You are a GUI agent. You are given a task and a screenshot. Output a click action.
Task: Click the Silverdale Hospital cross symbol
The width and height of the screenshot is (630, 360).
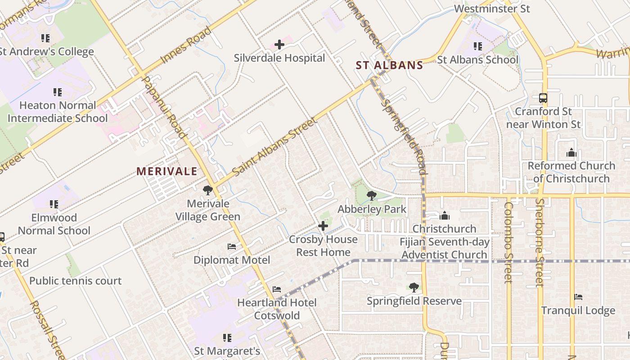pyautogui.click(x=279, y=45)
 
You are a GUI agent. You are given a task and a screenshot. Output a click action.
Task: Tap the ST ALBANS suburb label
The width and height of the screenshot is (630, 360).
pyautogui.click(x=389, y=65)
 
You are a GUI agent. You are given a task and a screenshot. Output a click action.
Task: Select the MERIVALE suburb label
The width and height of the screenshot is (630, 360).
pyautogui.click(x=167, y=171)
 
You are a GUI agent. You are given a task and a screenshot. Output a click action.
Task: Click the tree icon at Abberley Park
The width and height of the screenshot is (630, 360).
pyautogui.click(x=372, y=195)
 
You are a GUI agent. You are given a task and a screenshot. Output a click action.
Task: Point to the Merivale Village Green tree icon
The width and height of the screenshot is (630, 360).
pyautogui.click(x=207, y=190)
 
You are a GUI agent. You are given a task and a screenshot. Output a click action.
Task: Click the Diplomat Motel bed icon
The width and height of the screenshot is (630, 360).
pyautogui.click(x=232, y=247)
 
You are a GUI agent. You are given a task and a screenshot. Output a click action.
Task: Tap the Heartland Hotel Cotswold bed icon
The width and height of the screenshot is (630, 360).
pyautogui.click(x=277, y=289)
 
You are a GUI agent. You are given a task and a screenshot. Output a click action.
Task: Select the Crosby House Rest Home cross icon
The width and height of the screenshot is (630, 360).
pyautogui.click(x=323, y=226)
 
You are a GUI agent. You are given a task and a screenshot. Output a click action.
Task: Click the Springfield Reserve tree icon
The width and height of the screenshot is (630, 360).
pyautogui.click(x=414, y=287)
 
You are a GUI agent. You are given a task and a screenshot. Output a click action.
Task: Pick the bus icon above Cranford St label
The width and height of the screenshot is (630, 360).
pyautogui.click(x=543, y=98)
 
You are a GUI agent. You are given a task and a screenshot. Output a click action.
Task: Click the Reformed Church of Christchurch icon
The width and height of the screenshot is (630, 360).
pyautogui.click(x=571, y=153)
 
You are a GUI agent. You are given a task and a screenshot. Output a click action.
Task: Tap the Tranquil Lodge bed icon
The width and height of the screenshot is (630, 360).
pyautogui.click(x=578, y=297)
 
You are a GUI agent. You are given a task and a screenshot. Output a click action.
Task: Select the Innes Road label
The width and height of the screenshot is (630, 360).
pyautogui.click(x=185, y=45)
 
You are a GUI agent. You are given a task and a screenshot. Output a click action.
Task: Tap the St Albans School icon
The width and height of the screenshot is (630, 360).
pyautogui.click(x=478, y=46)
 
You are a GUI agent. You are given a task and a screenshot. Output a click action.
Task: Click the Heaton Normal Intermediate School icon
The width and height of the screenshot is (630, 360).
pyautogui.click(x=58, y=92)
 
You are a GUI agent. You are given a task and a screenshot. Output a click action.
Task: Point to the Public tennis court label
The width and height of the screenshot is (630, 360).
pyautogui.click(x=76, y=281)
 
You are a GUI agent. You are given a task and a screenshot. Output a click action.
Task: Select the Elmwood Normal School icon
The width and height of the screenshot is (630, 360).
pyautogui.click(x=54, y=204)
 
